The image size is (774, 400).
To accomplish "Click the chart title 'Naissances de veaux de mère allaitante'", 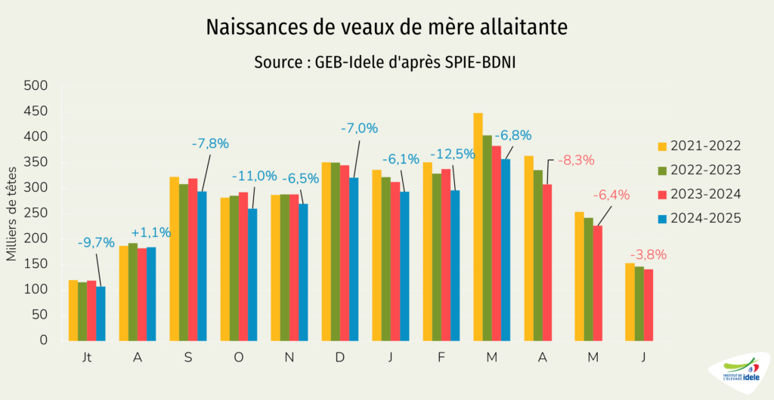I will tap(386, 28).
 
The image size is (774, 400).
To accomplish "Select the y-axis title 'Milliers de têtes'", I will tap(12, 214).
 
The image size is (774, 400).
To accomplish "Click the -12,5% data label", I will tap(452, 154).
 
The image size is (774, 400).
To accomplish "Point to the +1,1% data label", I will tap(151, 232).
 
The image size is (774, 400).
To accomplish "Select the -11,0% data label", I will tap(255, 176).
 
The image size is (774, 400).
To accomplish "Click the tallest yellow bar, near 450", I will tap(478, 226).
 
